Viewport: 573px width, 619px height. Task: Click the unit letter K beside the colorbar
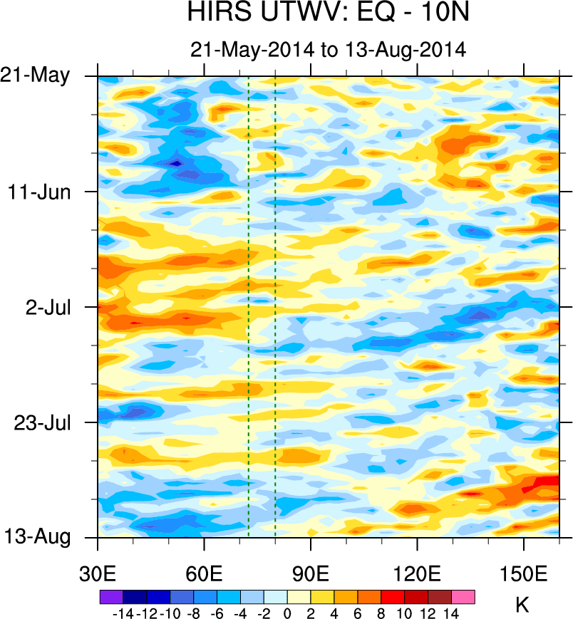(x=522, y=606)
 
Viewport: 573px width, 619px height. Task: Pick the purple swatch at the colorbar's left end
(x=112, y=597)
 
